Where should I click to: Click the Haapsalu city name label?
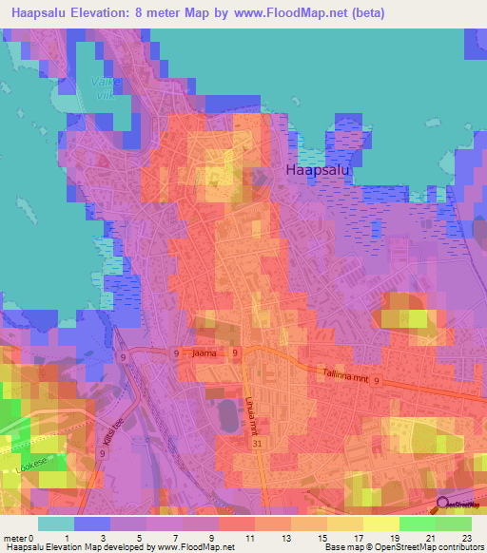pyautogui.click(x=318, y=169)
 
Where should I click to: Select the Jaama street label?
pyautogui.click(x=205, y=353)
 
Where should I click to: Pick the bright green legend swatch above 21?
pyautogui.click(x=418, y=523)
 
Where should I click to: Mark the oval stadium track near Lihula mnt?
pyautogui.click(x=227, y=414)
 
